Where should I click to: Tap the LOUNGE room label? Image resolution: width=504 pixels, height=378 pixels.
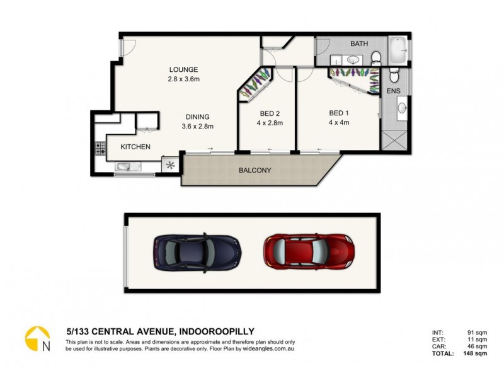pos(183,69)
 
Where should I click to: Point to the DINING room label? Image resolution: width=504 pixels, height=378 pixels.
pos(197,117)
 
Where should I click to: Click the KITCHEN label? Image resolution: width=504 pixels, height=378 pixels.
pos(135,147)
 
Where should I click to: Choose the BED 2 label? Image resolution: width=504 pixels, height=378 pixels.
pos(270,114)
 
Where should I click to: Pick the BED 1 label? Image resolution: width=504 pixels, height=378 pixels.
pos(339,113)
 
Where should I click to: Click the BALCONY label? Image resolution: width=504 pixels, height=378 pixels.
pos(255,170)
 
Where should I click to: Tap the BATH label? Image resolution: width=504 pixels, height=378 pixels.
pos(359,43)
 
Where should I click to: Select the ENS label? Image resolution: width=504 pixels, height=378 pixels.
pos(394,91)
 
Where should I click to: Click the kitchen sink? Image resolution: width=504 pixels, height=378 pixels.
pos(125,167)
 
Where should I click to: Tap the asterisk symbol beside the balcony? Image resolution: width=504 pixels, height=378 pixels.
pos(170,165)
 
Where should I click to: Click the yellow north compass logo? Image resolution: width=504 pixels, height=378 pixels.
pos(37,338)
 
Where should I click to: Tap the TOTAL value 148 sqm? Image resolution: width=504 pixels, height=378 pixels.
pos(477,353)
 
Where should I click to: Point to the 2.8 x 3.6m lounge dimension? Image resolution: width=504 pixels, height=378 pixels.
pos(183,79)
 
